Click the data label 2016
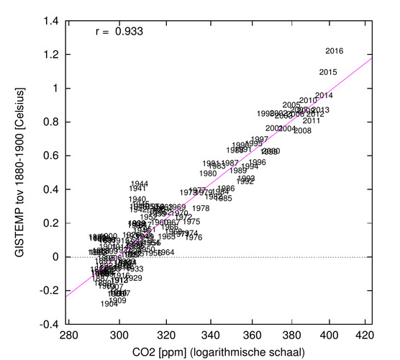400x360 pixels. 335,51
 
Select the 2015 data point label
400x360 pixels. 328,72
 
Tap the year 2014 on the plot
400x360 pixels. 324,96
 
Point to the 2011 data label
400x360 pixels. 312,121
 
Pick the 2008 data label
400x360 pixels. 302,131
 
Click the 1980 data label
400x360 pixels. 208,174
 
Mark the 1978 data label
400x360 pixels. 201,209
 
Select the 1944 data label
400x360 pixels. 140,184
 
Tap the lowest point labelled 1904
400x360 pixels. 109,304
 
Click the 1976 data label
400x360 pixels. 194,238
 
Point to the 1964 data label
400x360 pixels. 166,253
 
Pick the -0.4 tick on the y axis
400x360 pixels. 47,324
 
